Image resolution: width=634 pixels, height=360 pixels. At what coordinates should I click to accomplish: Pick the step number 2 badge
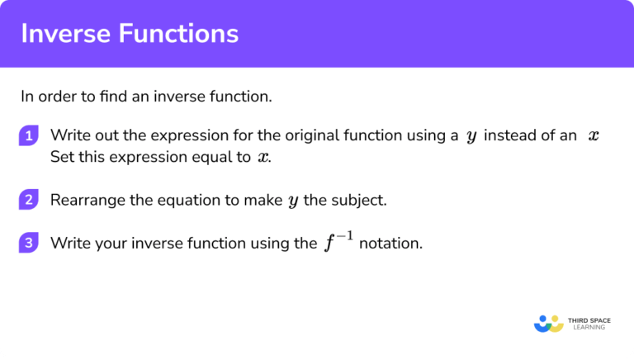29,200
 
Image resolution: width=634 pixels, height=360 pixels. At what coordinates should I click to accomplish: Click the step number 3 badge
29,243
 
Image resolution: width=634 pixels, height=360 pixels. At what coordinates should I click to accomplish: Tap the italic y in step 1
471,137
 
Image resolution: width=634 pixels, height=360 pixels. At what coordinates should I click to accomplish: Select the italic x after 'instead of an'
593,136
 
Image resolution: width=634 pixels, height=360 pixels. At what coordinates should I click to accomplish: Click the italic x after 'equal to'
263,157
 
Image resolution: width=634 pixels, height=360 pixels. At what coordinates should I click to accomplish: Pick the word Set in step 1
62,157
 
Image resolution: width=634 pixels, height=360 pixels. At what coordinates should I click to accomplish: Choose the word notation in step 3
390,244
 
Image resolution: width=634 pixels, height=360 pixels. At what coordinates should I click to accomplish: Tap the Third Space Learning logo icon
548,323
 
